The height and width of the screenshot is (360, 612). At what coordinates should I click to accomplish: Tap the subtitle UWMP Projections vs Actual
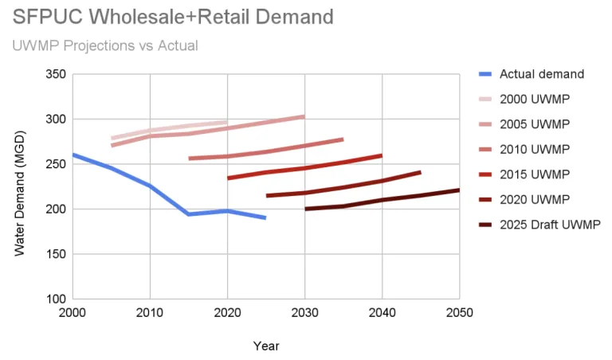tap(105, 45)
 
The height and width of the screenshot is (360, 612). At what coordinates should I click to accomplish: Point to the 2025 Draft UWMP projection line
tap(382, 199)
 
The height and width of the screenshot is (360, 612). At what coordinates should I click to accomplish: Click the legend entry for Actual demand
tap(541, 74)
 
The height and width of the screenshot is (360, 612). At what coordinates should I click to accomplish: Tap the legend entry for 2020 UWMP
tap(531, 199)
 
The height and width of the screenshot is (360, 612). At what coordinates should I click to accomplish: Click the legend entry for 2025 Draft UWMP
tap(549, 225)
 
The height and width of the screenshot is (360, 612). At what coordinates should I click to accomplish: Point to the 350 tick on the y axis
tap(54, 74)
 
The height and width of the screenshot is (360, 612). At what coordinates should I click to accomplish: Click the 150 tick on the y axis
tap(54, 254)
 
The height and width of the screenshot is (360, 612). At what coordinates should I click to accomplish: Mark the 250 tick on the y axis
tap(54, 164)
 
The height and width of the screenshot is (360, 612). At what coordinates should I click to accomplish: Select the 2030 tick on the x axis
tap(305, 312)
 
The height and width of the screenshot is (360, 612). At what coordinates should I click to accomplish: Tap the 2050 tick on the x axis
tap(460, 312)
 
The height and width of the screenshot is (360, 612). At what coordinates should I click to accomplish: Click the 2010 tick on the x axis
tap(150, 312)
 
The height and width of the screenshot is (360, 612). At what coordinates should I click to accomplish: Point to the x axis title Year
tap(266, 346)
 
